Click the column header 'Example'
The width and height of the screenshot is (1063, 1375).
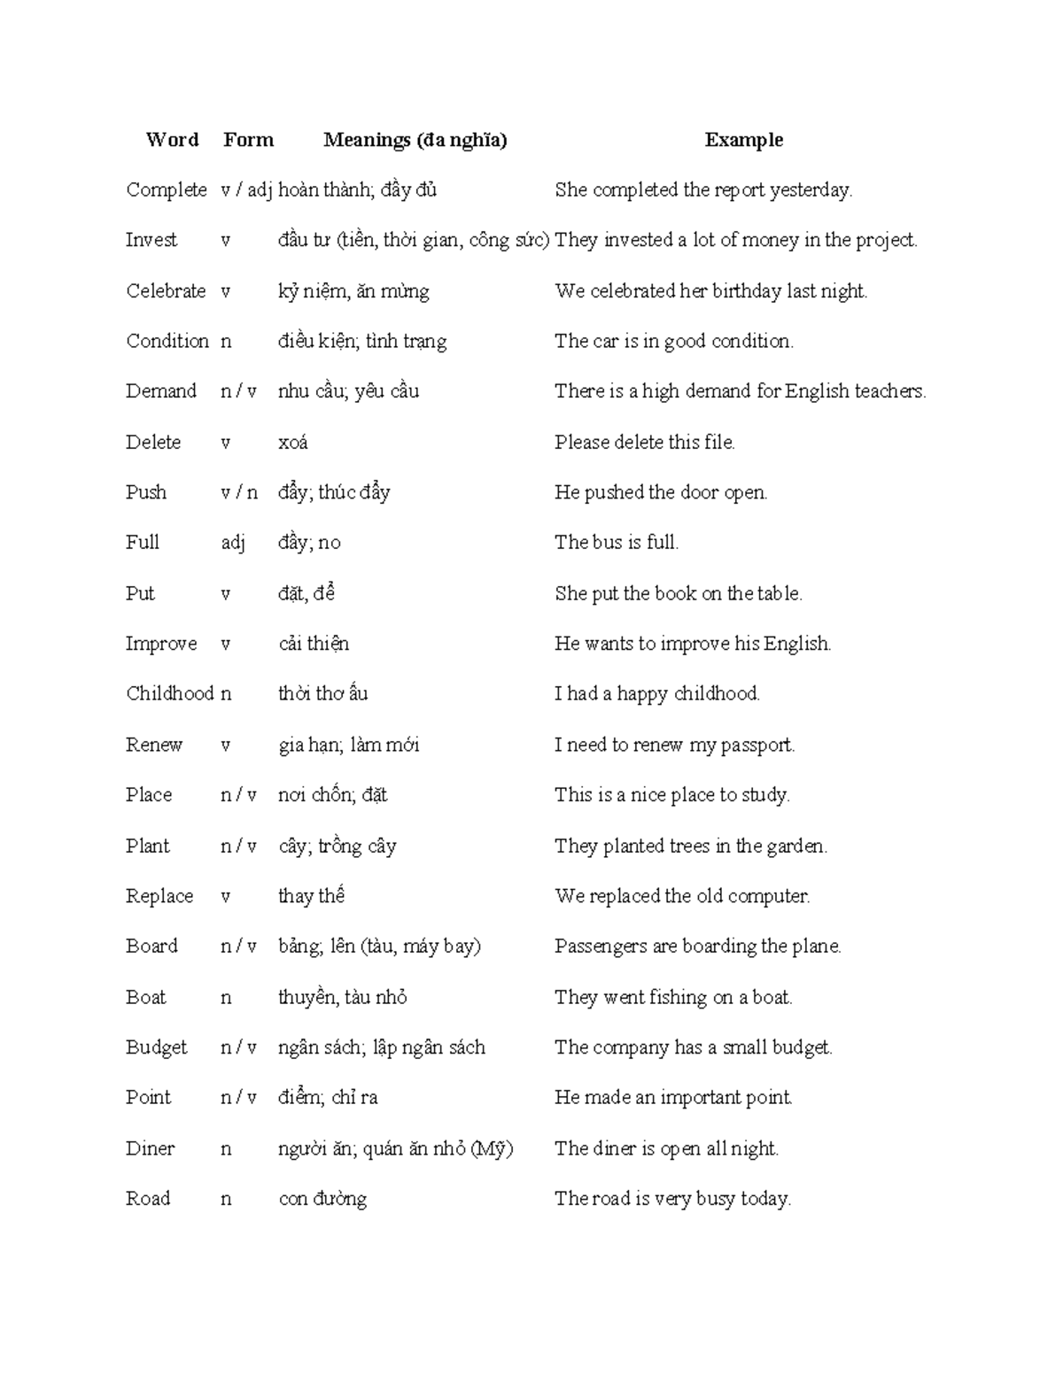(743, 140)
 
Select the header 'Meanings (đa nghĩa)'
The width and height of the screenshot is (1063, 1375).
(415, 140)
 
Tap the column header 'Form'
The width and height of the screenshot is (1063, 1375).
(248, 140)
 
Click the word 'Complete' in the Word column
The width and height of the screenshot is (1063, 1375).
(166, 189)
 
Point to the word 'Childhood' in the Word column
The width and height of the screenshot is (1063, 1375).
(169, 693)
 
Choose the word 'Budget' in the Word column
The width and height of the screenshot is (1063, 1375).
(156, 1047)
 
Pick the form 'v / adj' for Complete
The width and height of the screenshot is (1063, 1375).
(245, 189)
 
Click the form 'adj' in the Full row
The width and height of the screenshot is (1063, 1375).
(232, 543)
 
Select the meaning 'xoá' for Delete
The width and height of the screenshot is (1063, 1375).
(292, 442)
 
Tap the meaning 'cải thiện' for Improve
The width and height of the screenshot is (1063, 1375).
(314, 644)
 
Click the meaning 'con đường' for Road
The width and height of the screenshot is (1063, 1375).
(322, 1199)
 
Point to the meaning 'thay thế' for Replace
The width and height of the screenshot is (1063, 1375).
(311, 896)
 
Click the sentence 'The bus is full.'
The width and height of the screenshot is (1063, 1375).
(617, 543)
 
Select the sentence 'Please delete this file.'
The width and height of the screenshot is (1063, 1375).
(645, 442)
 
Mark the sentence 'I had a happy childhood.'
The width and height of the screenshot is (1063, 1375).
(657, 693)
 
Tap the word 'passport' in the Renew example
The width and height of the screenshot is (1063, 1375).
(757, 745)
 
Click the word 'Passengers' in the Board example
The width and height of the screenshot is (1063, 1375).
(601, 946)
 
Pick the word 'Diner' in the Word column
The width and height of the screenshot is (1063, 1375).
(150, 1148)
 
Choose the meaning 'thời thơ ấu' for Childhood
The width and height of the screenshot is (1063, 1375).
(322, 693)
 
